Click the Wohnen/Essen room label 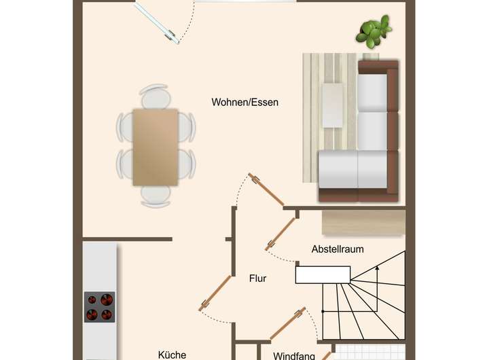(x=245, y=103)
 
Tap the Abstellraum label (x=338, y=249)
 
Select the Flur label (x=257, y=278)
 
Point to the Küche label (x=172, y=355)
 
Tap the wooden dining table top (x=156, y=146)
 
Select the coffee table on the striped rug (x=332, y=105)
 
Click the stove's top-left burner (x=92, y=299)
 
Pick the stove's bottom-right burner (x=107, y=314)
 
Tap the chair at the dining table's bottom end (x=156, y=195)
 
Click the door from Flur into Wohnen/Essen (x=266, y=189)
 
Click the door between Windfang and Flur (x=287, y=325)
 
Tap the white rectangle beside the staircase (x=323, y=274)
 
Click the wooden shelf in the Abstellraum (x=363, y=222)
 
